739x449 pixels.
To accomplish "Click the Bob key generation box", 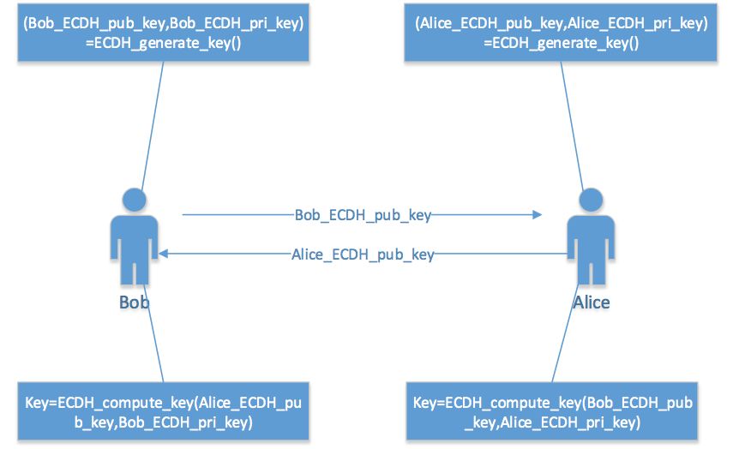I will point(164,32).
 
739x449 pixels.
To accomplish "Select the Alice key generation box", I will point(562,32).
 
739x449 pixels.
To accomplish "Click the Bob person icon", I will point(134,244).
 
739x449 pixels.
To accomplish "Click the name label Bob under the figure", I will point(135,302).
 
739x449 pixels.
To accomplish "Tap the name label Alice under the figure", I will point(592,302).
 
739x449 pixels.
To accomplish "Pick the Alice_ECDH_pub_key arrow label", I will point(363,254).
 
